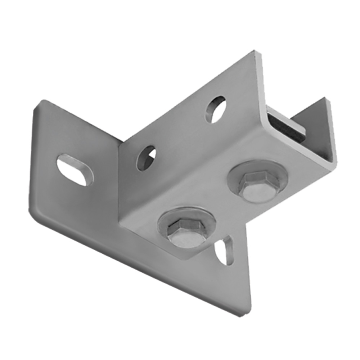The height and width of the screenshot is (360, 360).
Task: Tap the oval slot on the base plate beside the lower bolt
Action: pyautogui.click(x=224, y=251)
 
